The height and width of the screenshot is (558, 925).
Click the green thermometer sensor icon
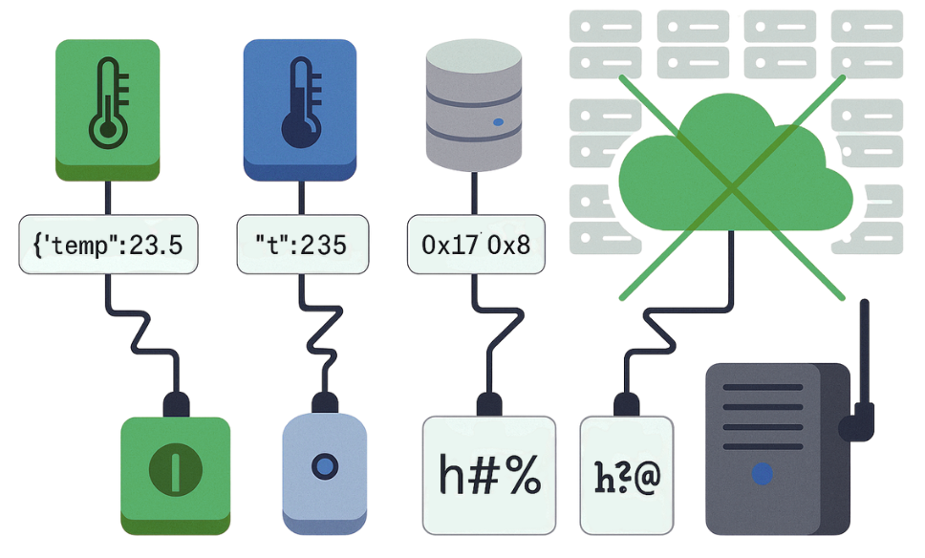pyautogui.click(x=107, y=108)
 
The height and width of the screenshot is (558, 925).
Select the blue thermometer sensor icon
pyautogui.click(x=299, y=108)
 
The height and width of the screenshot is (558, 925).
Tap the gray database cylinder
pyautogui.click(x=473, y=105)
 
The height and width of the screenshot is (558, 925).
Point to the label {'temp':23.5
pyautogui.click(x=107, y=245)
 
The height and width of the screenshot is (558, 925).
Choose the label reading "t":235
pyautogui.click(x=300, y=245)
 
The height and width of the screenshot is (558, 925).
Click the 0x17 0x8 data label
pyautogui.click(x=475, y=245)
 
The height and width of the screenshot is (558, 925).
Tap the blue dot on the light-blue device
pyautogui.click(x=326, y=465)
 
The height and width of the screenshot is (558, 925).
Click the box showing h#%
pyautogui.click(x=488, y=474)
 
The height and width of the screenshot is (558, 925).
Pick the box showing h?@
pyautogui.click(x=628, y=475)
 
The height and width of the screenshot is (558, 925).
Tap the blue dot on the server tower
pyautogui.click(x=762, y=473)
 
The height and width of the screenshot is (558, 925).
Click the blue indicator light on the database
pyautogui.click(x=497, y=123)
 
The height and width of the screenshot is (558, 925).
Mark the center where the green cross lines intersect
pyautogui.click(x=732, y=190)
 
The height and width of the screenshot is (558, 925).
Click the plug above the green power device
pyautogui.click(x=176, y=401)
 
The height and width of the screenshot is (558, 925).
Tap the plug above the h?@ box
pyautogui.click(x=628, y=401)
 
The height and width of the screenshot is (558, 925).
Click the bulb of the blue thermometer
pyautogui.click(x=298, y=131)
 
